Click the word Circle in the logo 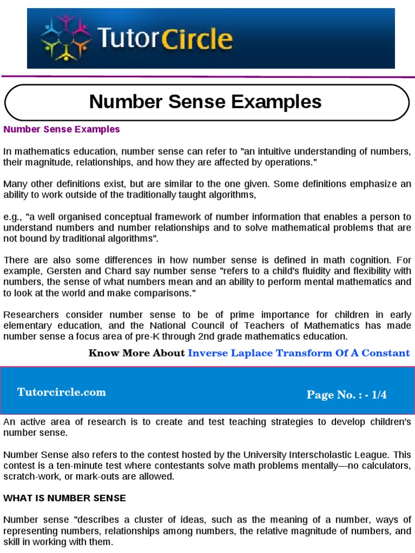199,39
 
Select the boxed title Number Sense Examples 205,101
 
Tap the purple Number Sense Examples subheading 62,130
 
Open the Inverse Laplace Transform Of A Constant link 299,353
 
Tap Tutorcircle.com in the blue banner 62,393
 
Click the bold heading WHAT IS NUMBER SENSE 64,498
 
